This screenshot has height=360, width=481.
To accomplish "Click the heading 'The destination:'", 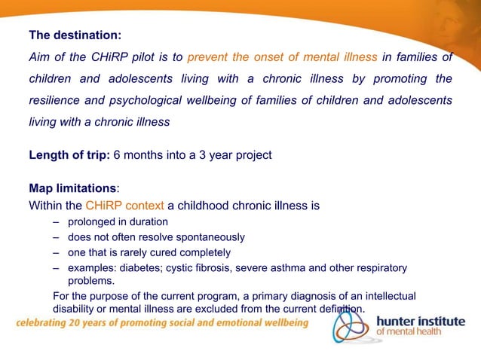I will (75, 35).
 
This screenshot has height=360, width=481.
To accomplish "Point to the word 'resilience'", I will (55, 100).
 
